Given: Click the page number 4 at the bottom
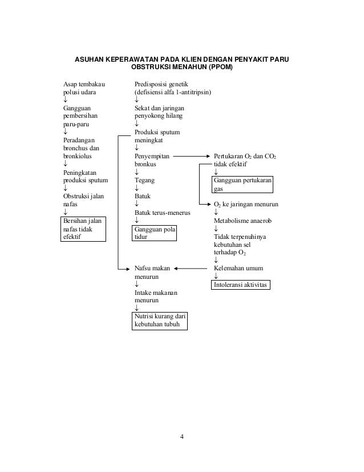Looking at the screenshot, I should [x=181, y=438].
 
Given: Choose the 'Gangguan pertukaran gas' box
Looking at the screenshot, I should [x=243, y=184].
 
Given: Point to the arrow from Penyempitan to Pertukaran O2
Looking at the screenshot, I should [x=189, y=155].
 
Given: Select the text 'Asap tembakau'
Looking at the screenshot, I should [x=84, y=84].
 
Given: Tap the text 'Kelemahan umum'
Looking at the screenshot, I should [x=238, y=267].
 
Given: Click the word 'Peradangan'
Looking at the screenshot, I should [x=79, y=138].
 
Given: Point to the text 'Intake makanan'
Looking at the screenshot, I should [x=156, y=292].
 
